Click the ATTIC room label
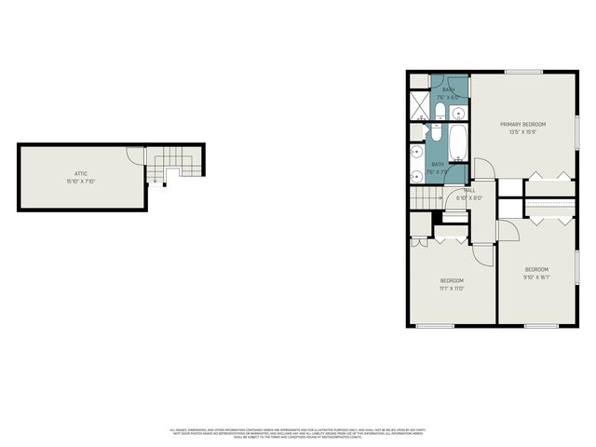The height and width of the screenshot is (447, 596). (81, 174)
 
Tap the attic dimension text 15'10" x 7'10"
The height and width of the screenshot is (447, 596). (81, 182)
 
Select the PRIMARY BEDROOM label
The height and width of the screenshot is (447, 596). (522, 125)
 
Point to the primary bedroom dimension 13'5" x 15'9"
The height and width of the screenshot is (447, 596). (522, 132)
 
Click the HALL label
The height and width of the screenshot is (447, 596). (470, 190)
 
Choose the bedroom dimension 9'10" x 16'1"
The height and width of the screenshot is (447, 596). (537, 276)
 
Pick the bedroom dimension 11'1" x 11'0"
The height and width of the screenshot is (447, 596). (452, 288)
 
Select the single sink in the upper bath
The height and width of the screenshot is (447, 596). (457, 114)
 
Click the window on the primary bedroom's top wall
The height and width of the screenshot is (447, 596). (523, 72)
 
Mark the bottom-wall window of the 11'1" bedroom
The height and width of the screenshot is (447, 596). (434, 325)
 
